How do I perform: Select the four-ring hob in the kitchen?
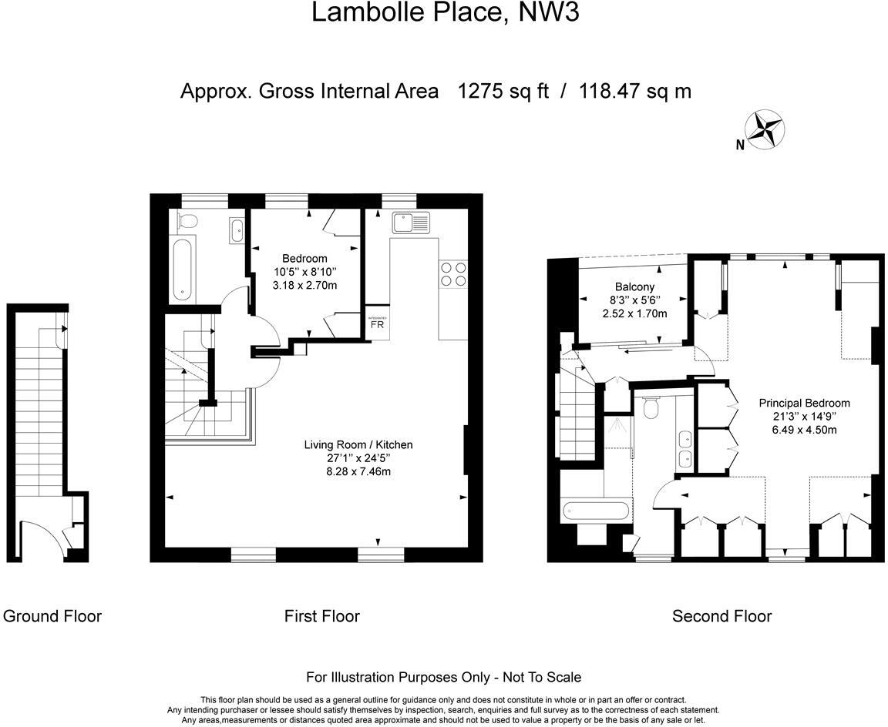click(452, 273)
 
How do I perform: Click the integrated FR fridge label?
click(377, 323)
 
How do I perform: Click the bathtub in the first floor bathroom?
click(183, 270)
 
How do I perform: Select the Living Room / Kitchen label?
click(358, 444)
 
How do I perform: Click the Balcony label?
click(634, 286)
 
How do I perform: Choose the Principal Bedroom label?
click(803, 403)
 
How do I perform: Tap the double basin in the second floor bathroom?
click(683, 449)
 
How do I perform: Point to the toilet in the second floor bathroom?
click(651, 408)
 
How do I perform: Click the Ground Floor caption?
click(52, 616)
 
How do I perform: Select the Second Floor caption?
click(721, 616)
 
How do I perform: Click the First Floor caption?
click(321, 616)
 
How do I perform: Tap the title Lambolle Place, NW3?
click(445, 13)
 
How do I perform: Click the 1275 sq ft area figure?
click(503, 91)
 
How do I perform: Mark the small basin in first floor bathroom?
click(236, 228)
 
